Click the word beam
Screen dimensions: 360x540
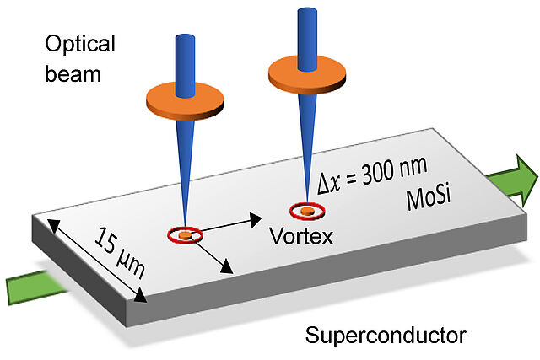(x=72, y=73)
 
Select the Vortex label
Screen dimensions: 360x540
(x=301, y=235)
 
